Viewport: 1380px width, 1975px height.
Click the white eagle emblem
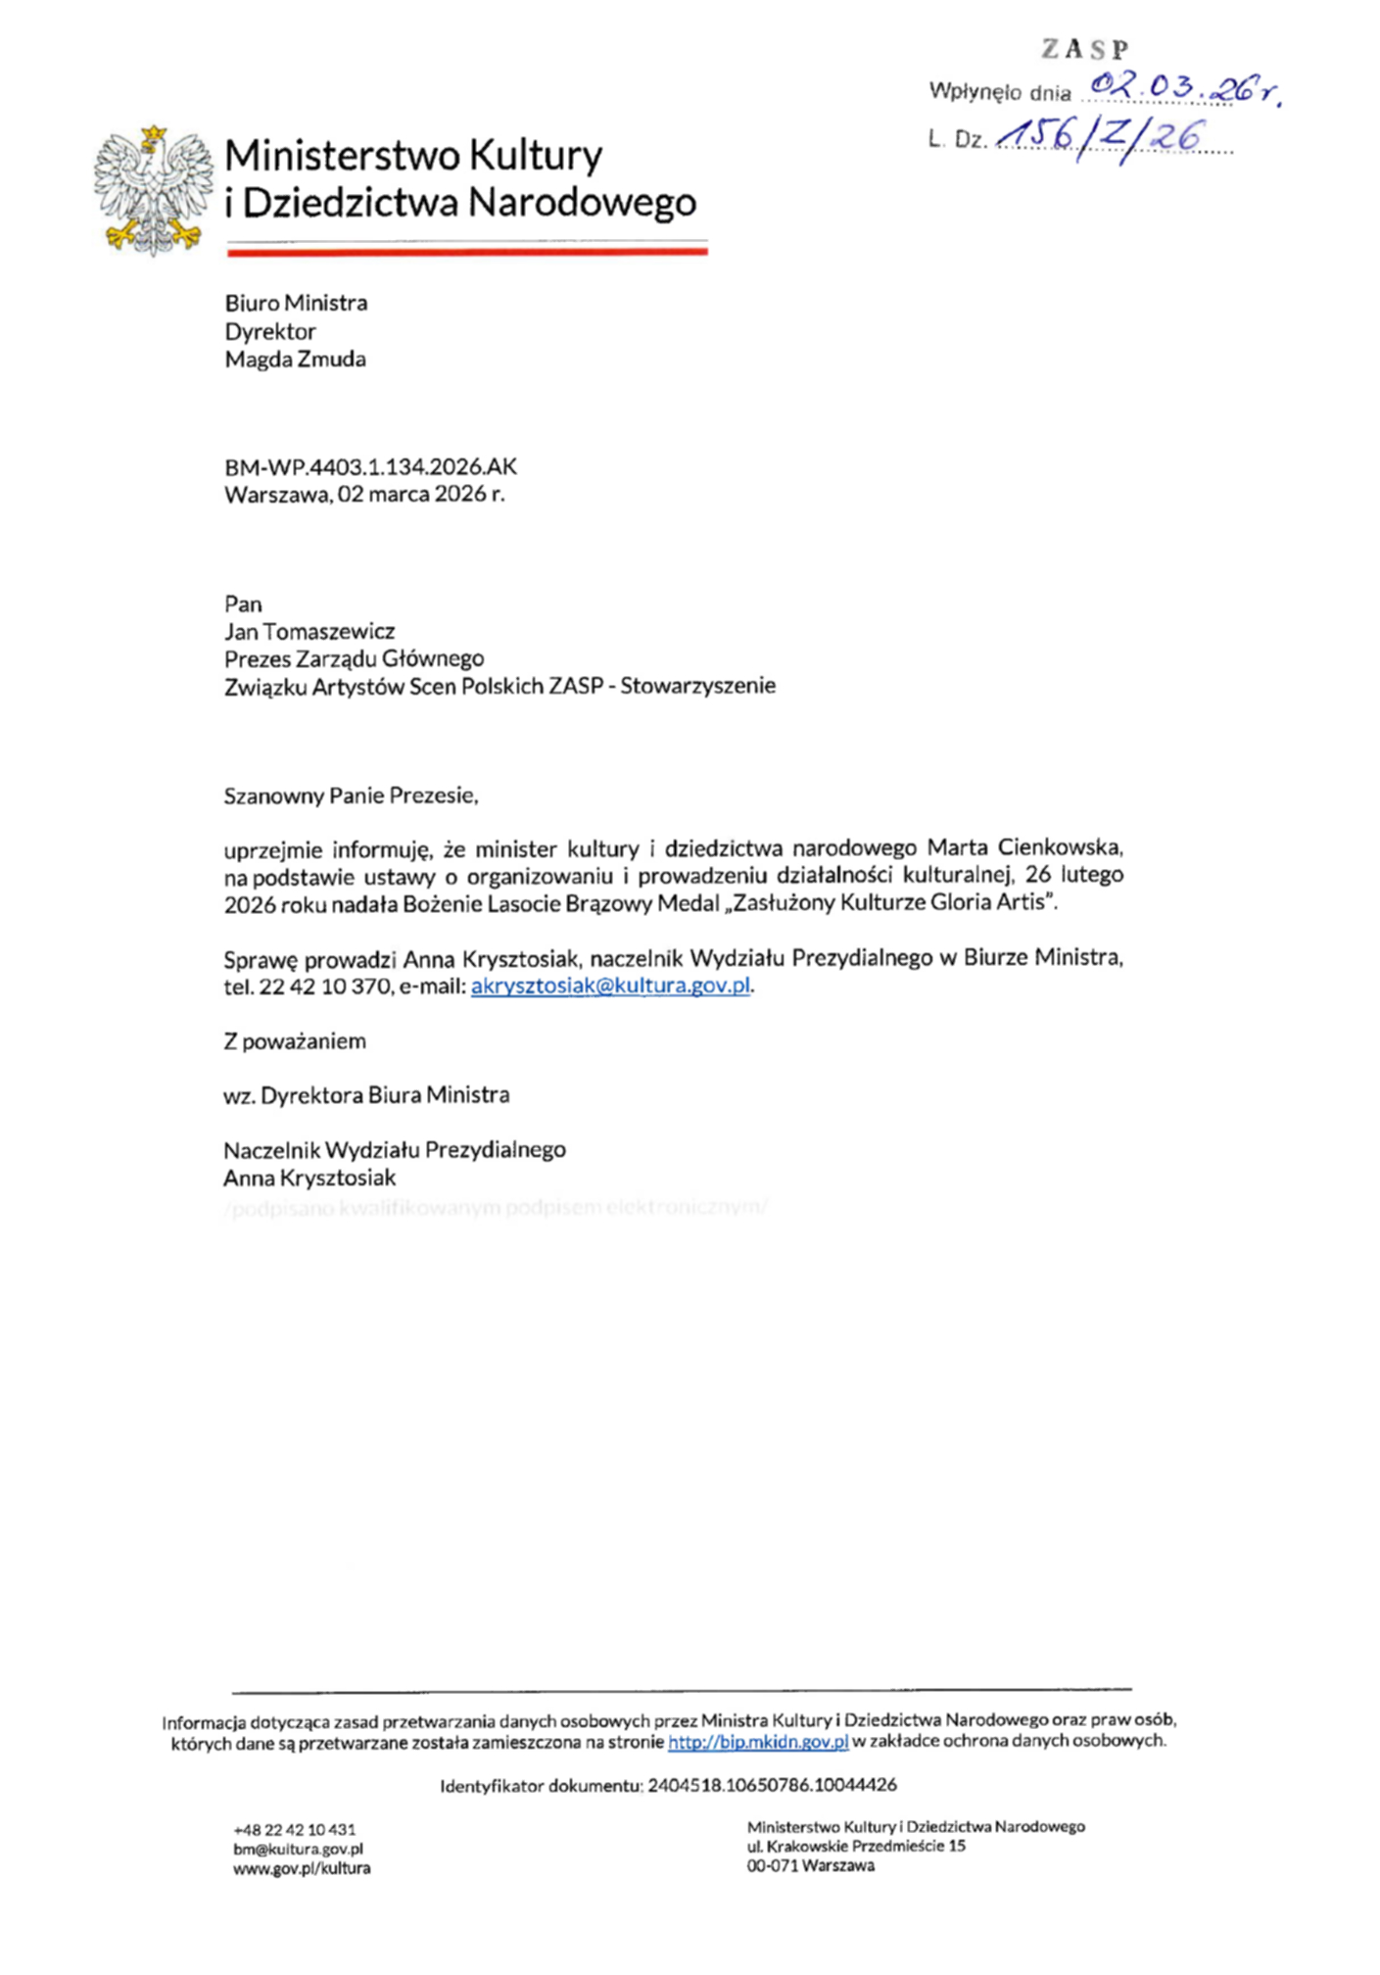pyautogui.click(x=154, y=190)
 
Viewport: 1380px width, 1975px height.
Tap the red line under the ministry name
pyautogui.click(x=467, y=252)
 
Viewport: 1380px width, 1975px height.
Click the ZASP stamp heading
pyautogui.click(x=1084, y=49)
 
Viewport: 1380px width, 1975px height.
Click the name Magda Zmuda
pyautogui.click(x=295, y=360)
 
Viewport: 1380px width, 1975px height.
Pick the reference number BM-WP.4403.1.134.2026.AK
pyautogui.click(x=370, y=467)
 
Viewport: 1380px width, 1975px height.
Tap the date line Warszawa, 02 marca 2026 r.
pyautogui.click(x=364, y=494)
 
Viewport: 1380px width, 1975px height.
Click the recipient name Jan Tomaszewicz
pyautogui.click(x=309, y=631)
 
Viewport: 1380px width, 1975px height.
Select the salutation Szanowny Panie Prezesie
pyautogui.click(x=351, y=795)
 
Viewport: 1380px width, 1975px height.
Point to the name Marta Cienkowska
pyautogui.click(x=1023, y=847)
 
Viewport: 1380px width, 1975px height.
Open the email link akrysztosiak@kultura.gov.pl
pyautogui.click(x=610, y=986)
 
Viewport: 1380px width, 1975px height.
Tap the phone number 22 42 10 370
pyautogui.click(x=325, y=987)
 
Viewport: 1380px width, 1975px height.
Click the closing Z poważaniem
pyautogui.click(x=295, y=1041)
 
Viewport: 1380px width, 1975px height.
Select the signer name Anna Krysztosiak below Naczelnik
pyautogui.click(x=309, y=1178)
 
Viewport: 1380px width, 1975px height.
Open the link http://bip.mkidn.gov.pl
pyautogui.click(x=757, y=1742)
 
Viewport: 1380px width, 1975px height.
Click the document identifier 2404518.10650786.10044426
pyautogui.click(x=772, y=1785)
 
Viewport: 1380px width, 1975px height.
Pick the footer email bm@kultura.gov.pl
pyautogui.click(x=298, y=1849)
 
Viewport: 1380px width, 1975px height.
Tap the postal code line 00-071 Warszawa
pyautogui.click(x=810, y=1865)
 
